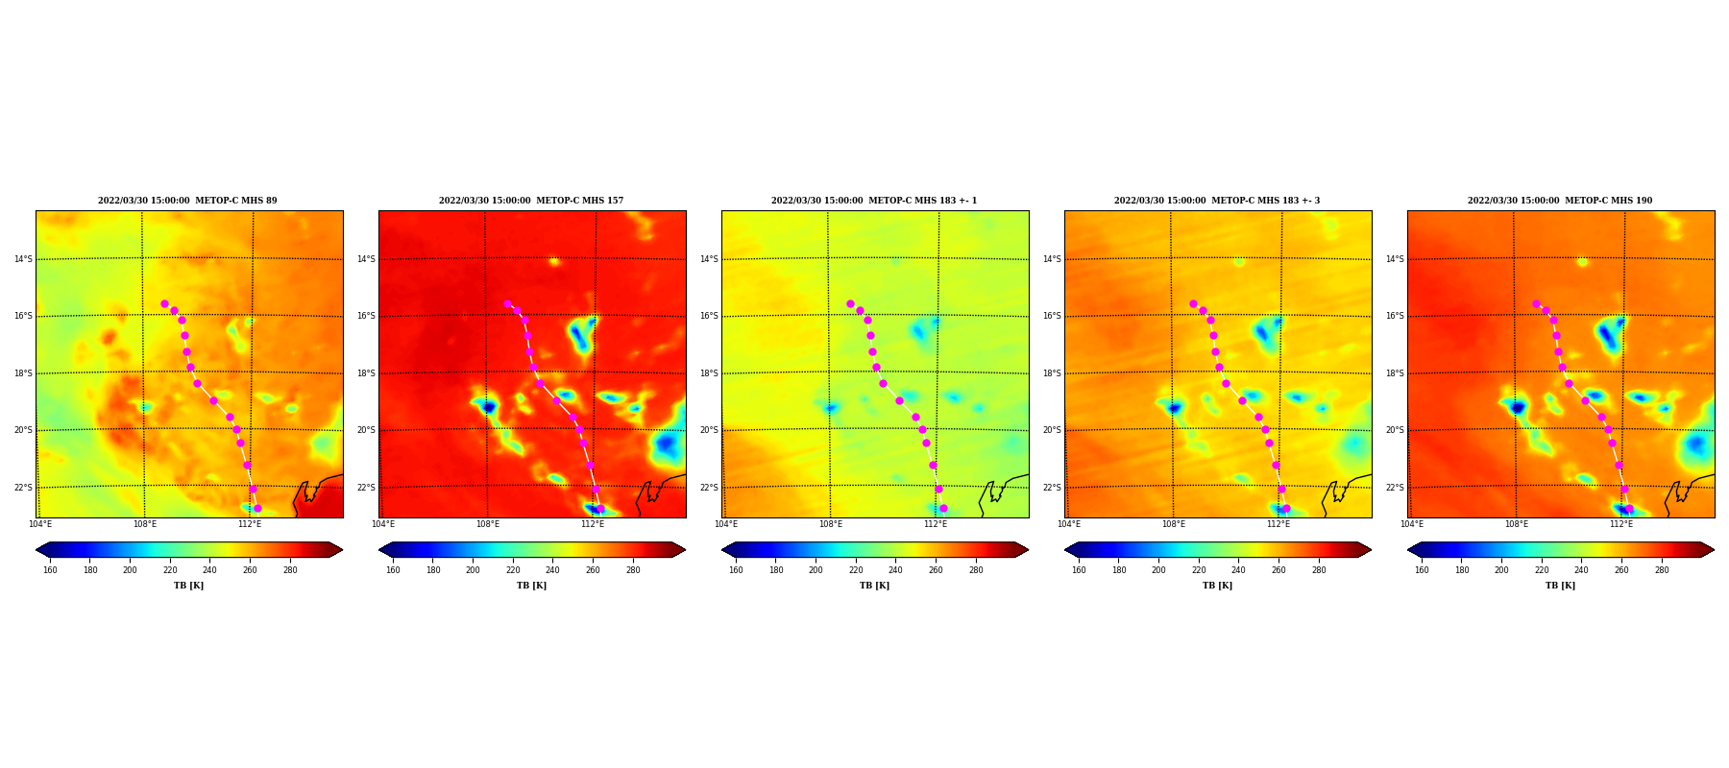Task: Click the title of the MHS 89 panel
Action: (187, 201)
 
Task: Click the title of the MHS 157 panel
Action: (531, 201)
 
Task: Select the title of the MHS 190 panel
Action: (1560, 201)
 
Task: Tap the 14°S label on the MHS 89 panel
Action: (23, 259)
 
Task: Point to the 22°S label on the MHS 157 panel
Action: (366, 488)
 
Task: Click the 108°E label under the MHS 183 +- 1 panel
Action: (831, 524)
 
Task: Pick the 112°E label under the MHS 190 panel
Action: (1621, 524)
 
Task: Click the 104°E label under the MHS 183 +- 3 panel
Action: (1069, 524)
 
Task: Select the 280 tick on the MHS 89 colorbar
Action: (290, 570)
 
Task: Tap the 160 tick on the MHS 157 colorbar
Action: (393, 570)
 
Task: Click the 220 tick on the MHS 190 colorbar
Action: (1542, 570)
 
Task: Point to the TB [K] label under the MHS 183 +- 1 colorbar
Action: (874, 586)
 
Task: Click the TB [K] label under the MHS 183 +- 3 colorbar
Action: (1217, 586)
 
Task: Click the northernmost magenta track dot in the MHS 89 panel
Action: (164, 303)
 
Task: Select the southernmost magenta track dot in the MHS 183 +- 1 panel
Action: (943, 509)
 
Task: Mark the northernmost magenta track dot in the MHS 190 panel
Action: (1536, 303)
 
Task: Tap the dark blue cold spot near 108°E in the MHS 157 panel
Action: (489, 408)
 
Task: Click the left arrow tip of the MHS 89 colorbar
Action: (37, 550)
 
